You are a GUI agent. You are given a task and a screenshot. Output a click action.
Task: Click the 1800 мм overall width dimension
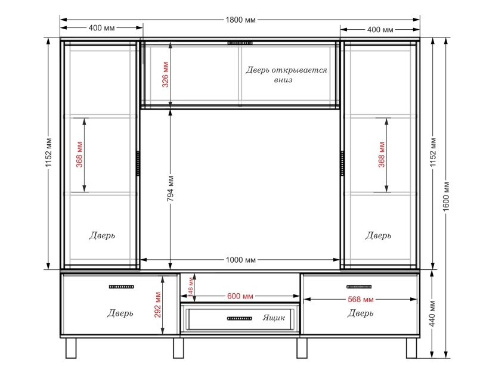pyautogui.click(x=240, y=20)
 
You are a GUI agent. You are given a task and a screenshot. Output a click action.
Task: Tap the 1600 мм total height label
pyautogui.click(x=445, y=197)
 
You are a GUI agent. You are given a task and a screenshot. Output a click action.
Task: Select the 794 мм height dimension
pyautogui.click(x=171, y=188)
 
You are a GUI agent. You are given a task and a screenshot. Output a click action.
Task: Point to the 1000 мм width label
pyautogui.click(x=241, y=260)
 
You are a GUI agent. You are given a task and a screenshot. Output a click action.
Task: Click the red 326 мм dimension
pyautogui.click(x=165, y=74)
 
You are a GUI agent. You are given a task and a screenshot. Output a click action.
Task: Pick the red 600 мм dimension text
pyautogui.click(x=240, y=296)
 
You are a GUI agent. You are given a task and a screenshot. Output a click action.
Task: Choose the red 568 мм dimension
pyautogui.click(x=361, y=299)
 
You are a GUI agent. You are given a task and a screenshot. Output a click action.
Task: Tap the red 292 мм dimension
pyautogui.click(x=157, y=305)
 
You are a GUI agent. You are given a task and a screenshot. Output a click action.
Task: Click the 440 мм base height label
pyautogui.click(x=432, y=313)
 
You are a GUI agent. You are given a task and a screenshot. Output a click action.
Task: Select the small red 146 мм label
pyautogui.click(x=190, y=287)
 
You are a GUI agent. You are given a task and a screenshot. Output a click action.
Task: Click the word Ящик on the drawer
pyautogui.click(x=274, y=318)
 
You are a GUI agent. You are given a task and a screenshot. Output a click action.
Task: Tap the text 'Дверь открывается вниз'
pyautogui.click(x=286, y=74)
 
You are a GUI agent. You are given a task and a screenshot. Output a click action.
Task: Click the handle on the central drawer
pyautogui.click(x=240, y=319)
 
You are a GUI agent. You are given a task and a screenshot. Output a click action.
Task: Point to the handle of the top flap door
pyautogui.click(x=240, y=43)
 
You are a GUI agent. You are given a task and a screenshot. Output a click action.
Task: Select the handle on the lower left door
pyautogui.click(x=122, y=287)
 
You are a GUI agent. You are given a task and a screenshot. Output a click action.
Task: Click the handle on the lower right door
pyautogui.click(x=359, y=287)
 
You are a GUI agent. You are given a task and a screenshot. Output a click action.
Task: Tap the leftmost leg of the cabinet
pyautogui.click(x=71, y=348)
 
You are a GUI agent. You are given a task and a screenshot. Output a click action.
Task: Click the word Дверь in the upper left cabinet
pyautogui.click(x=102, y=235)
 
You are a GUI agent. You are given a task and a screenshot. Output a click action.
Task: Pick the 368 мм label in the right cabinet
pyautogui.click(x=382, y=155)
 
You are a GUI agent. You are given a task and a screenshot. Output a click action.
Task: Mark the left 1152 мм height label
pyautogui.click(x=49, y=153)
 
